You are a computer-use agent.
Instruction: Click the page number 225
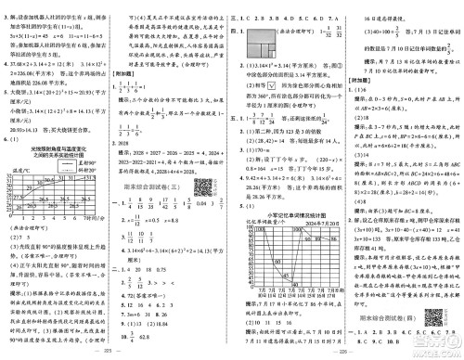click(114, 354)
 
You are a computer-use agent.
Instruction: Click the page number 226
click(348, 354)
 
